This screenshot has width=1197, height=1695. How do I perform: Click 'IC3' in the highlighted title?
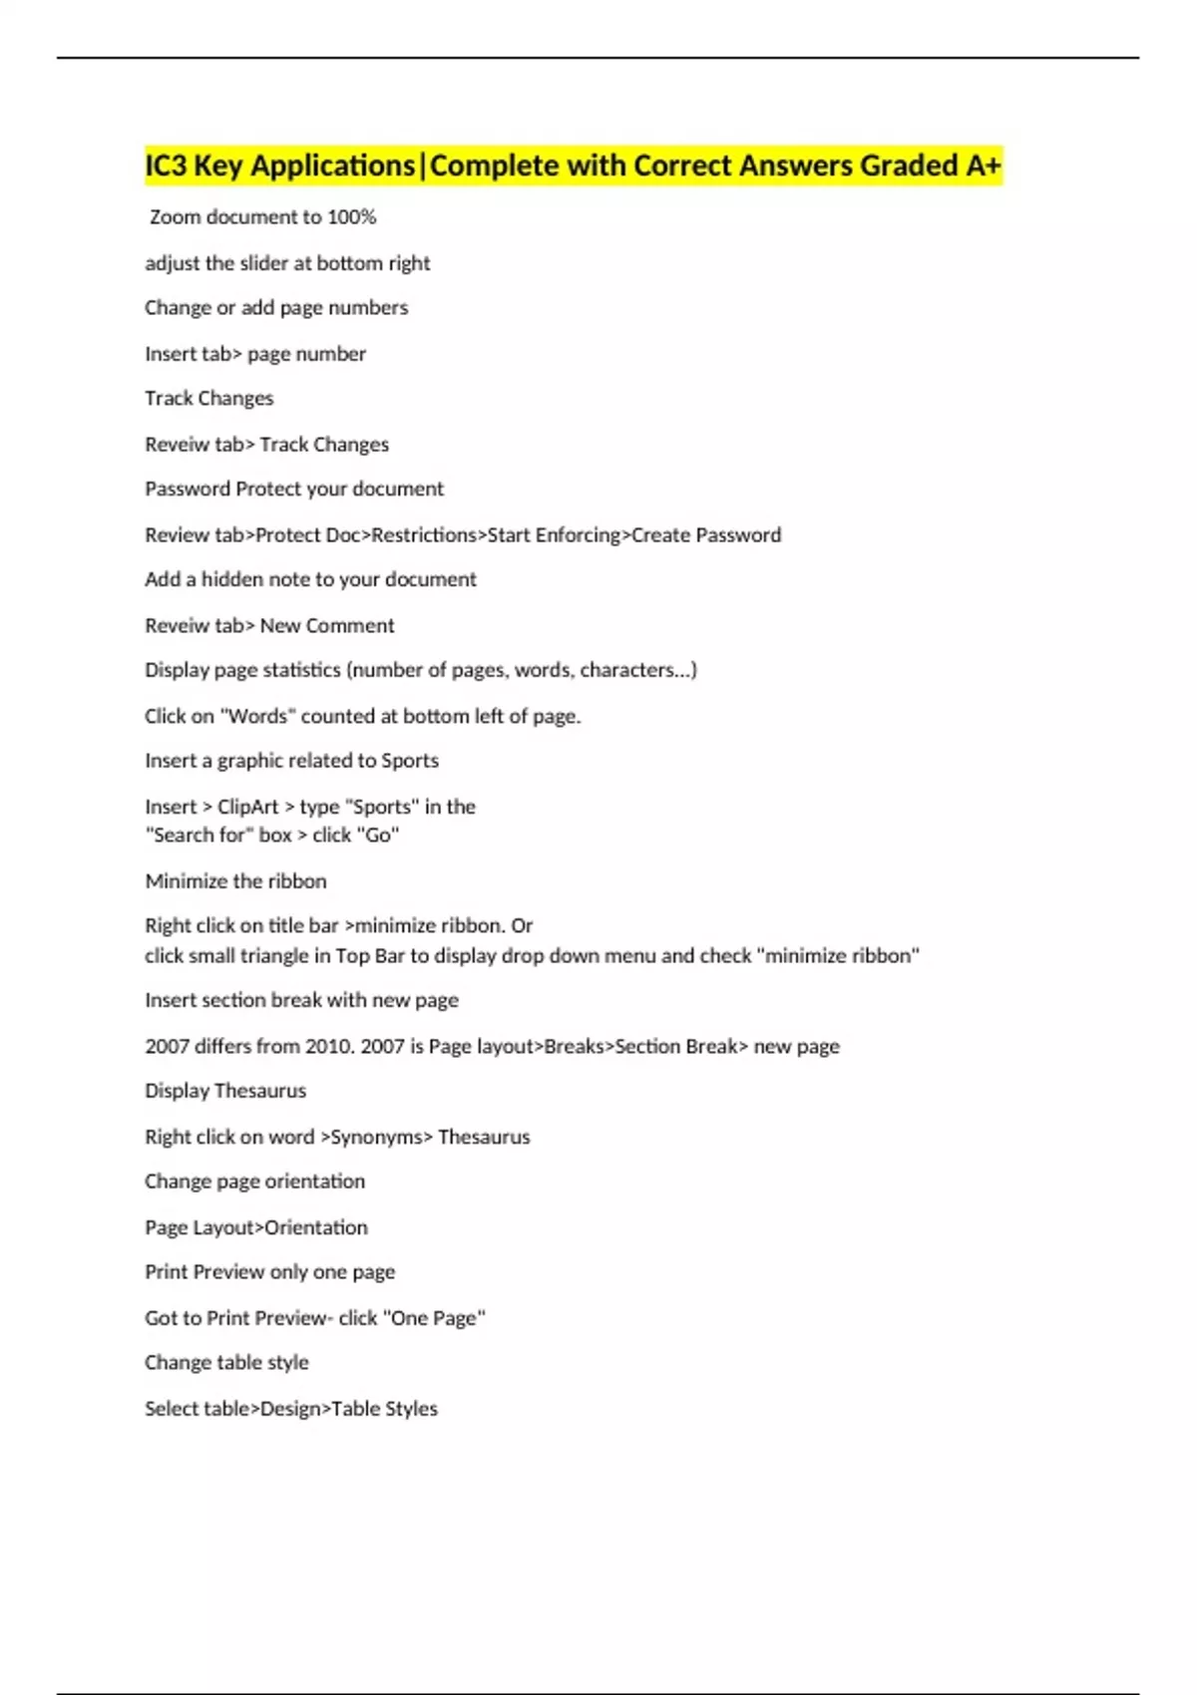click(x=166, y=166)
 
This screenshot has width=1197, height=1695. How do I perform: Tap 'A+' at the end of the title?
click(x=983, y=166)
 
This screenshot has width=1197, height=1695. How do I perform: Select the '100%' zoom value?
click(x=351, y=217)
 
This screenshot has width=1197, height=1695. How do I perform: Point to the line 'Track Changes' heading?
click(x=208, y=399)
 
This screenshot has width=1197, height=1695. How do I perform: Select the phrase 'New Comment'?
click(x=327, y=626)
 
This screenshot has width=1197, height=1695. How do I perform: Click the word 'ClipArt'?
click(x=247, y=807)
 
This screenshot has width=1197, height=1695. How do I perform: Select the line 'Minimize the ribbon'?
click(x=235, y=881)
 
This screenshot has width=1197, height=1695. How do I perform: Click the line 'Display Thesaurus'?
click(x=225, y=1091)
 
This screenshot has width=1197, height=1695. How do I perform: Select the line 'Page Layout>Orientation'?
click(x=256, y=1228)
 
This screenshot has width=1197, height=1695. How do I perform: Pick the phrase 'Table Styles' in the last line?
click(x=384, y=1409)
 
